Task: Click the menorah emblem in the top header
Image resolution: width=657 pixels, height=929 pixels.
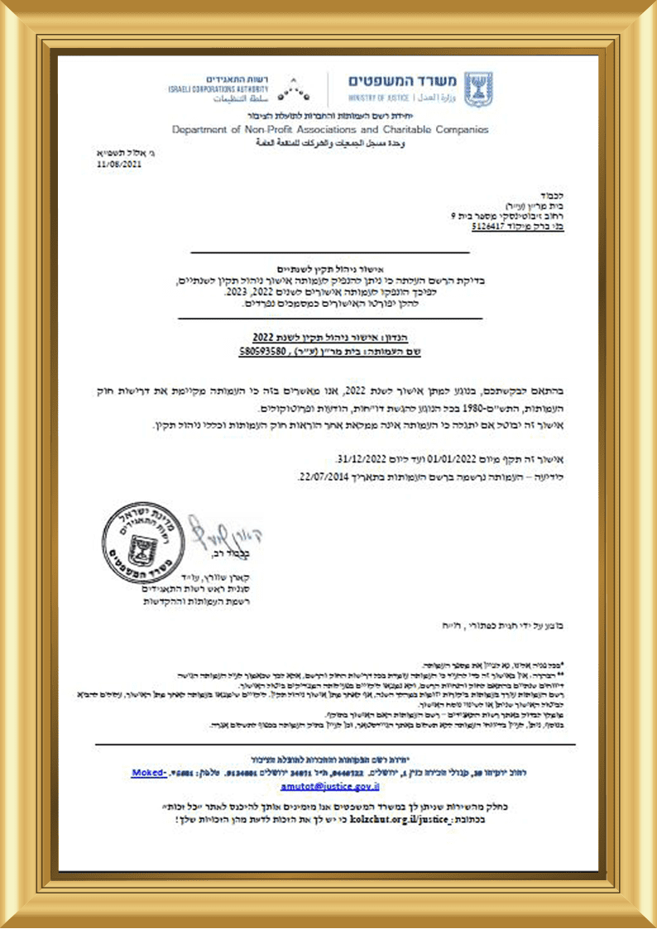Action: coord(477,89)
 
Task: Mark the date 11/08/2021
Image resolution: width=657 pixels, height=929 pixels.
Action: coord(119,165)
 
